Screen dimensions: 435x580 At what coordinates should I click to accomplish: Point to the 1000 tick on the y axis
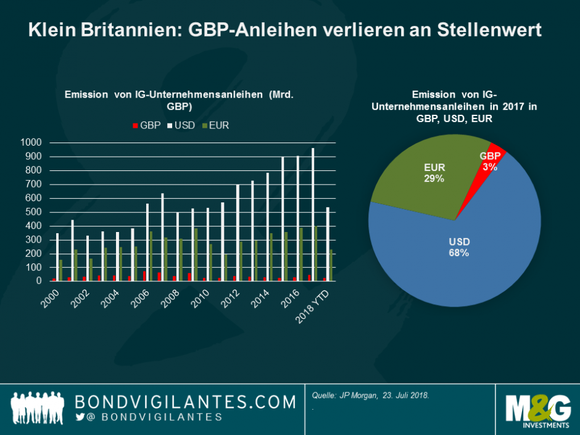[31, 143]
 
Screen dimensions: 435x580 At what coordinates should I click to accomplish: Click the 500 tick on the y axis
[33, 212]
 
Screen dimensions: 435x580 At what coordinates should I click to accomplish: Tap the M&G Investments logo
[536, 410]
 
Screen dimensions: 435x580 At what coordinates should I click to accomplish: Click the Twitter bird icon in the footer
[80, 418]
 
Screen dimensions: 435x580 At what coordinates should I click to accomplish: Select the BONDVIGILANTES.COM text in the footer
[185, 402]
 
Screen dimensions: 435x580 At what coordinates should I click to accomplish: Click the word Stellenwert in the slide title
[487, 30]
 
